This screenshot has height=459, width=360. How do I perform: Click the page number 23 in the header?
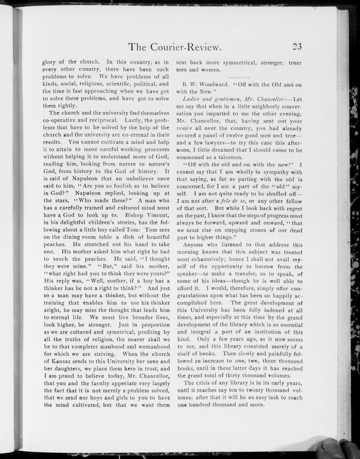(x=300, y=47)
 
